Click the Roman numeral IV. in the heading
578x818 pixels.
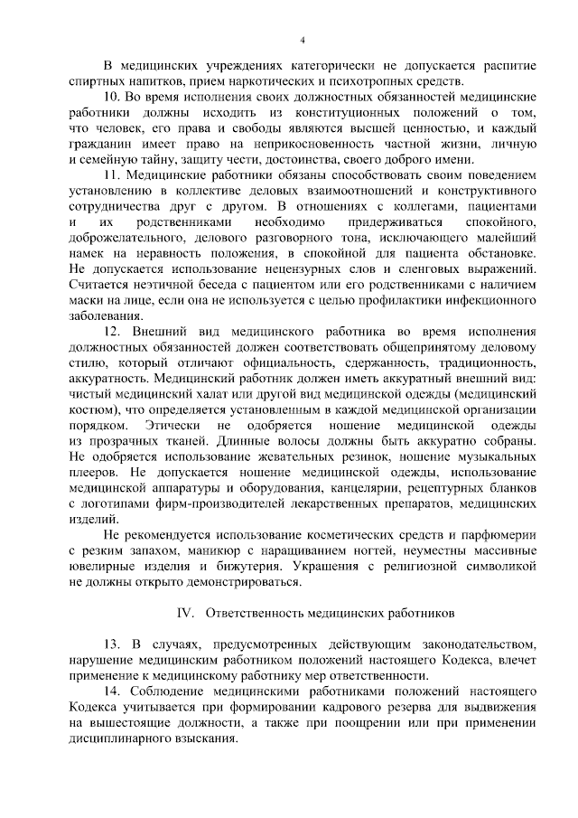tap(187, 612)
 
